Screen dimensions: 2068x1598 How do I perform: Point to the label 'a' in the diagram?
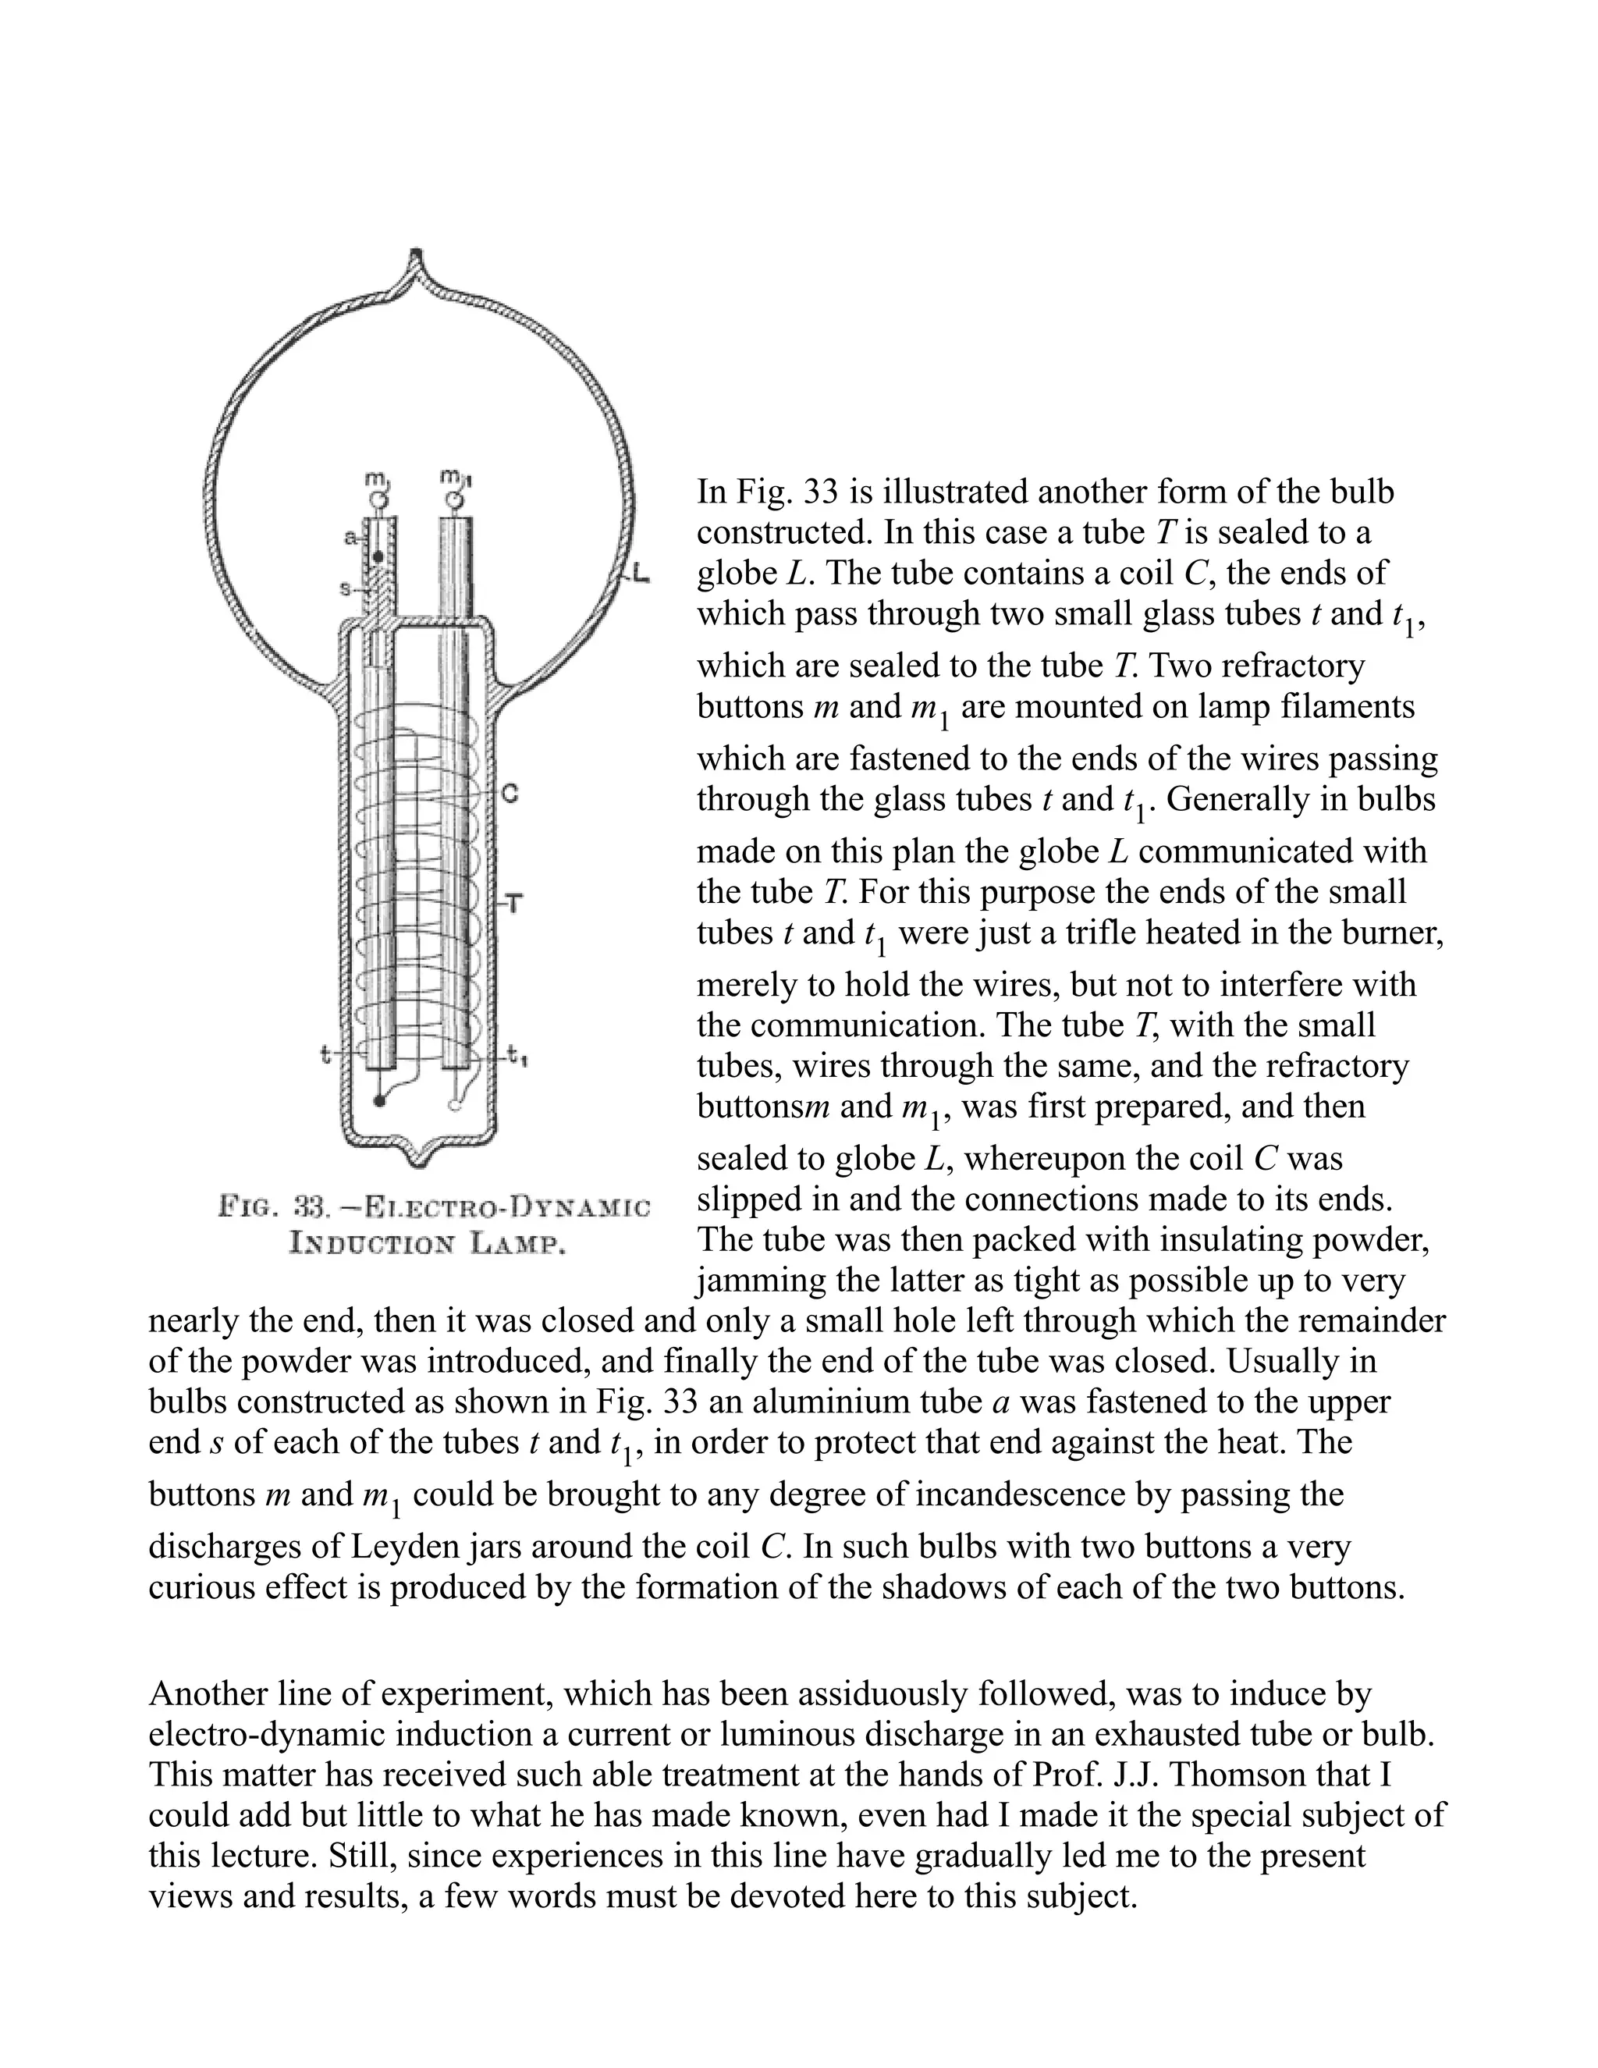[350, 538]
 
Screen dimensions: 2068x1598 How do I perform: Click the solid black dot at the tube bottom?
[380, 1101]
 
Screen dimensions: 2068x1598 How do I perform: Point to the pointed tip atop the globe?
[416, 256]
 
